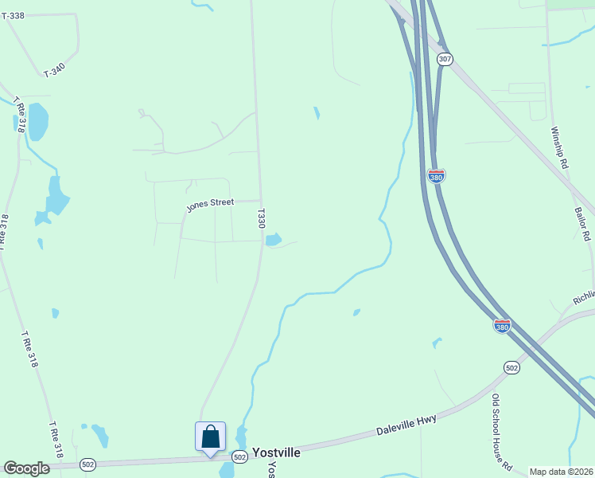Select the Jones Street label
[210, 205]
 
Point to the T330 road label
[261, 219]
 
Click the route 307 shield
[445, 60]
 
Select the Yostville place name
[276, 452]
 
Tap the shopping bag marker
[210, 437]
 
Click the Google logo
[26, 468]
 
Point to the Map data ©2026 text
[561, 472]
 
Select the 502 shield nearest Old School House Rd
[511, 366]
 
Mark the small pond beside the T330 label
[273, 239]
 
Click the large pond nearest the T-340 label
[37, 121]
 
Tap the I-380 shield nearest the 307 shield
[436, 175]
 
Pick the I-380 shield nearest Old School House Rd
[501, 326]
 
